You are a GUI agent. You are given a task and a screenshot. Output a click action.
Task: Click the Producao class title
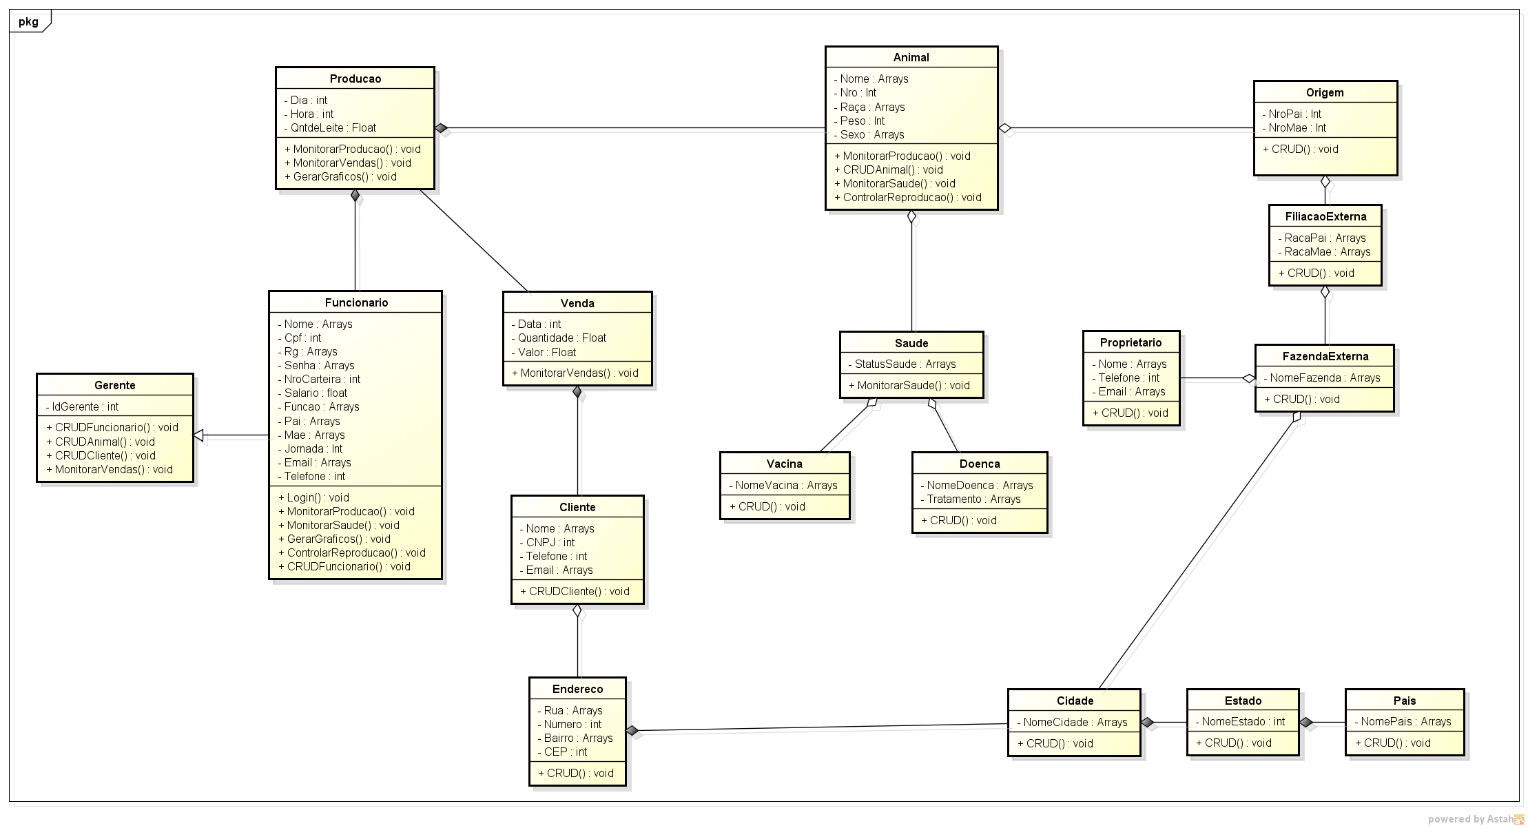point(355,79)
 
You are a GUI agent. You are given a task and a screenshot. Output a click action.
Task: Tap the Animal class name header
point(911,58)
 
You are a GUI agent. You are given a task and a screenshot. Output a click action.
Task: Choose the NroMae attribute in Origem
point(1297,128)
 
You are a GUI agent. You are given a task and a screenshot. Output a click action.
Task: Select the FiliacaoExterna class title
point(1325,217)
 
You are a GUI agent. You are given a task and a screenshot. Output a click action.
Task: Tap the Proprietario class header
point(1130,343)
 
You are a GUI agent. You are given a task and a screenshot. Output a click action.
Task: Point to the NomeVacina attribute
point(785,486)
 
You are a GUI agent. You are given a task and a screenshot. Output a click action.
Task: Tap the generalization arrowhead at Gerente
point(198,435)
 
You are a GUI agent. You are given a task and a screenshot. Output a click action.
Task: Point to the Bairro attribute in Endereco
point(578,738)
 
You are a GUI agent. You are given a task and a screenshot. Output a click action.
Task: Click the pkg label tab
point(29,22)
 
